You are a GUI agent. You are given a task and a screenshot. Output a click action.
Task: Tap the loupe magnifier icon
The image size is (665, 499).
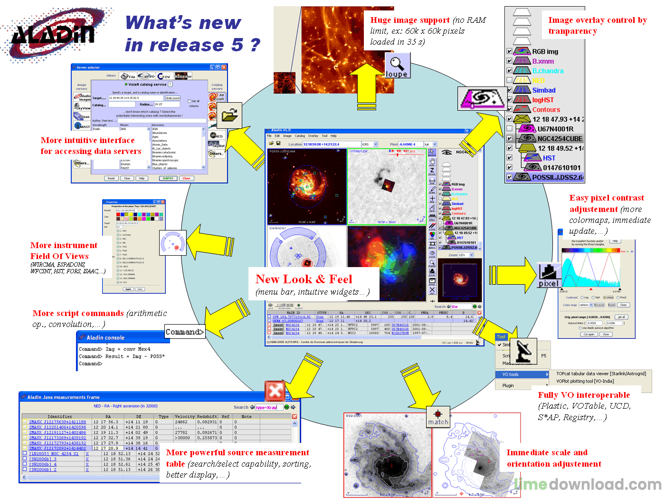(397, 65)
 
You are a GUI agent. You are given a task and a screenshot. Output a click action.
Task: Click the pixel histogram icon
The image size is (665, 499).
(548, 275)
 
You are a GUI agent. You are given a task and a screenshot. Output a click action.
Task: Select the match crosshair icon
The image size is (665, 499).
(438, 417)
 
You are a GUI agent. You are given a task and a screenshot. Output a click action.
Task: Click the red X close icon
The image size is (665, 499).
(275, 392)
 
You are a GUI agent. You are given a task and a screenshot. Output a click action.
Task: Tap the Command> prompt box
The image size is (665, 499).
(184, 332)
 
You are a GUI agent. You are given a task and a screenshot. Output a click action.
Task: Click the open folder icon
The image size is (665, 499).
(230, 115)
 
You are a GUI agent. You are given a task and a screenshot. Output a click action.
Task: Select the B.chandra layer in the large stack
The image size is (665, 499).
(547, 71)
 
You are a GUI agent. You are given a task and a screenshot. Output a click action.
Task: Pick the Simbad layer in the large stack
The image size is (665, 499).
(543, 90)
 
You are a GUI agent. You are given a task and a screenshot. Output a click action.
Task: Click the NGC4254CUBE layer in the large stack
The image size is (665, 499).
(560, 139)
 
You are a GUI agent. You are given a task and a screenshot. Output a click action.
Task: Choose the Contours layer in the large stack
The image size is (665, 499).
(546, 110)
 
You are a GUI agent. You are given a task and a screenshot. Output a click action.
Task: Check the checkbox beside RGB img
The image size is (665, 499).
(509, 51)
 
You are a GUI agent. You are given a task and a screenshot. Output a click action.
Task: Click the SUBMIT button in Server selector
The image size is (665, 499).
(168, 178)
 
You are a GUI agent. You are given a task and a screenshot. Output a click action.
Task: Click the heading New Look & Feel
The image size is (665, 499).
(304, 279)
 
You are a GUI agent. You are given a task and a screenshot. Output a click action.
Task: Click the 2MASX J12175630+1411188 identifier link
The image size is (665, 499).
(57, 422)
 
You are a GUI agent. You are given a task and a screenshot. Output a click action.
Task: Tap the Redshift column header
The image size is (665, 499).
(207, 417)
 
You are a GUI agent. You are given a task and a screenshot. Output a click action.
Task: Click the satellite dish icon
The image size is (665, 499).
(525, 351)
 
